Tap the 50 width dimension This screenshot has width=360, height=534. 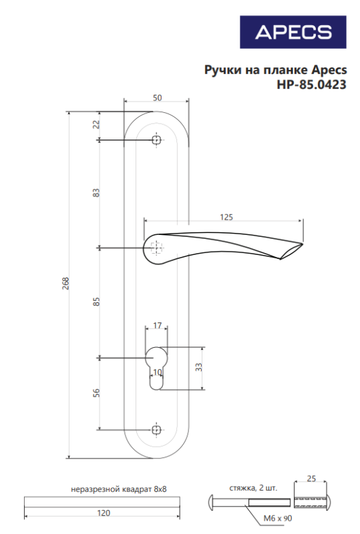(x=157, y=98)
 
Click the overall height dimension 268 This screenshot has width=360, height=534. (x=65, y=285)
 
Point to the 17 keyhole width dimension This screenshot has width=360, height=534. (x=157, y=326)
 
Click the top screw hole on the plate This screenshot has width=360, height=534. (x=156, y=140)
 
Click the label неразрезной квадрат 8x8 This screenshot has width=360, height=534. (x=118, y=489)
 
